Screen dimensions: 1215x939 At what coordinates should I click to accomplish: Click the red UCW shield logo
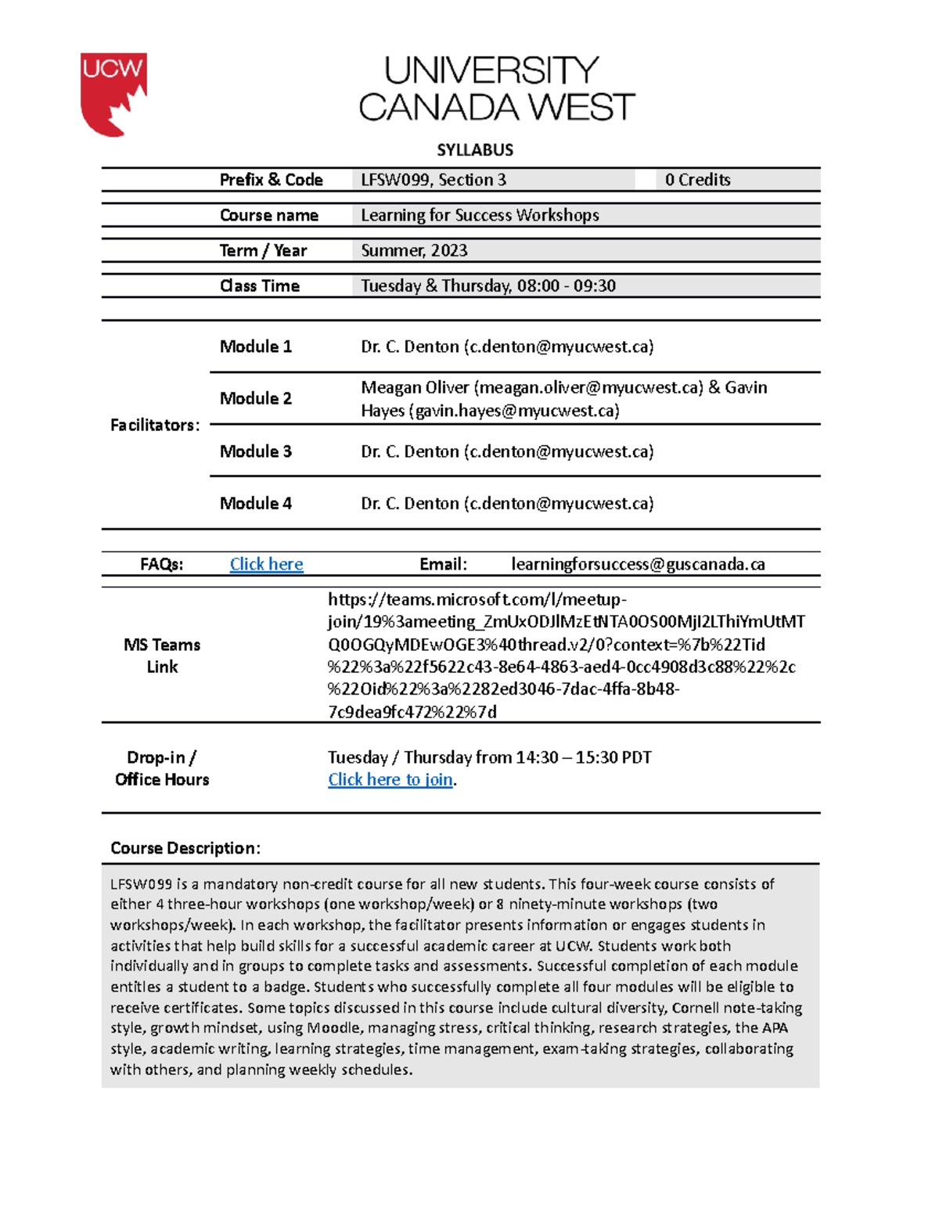(113, 94)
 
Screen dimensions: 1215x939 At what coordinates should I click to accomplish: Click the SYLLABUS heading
(475, 149)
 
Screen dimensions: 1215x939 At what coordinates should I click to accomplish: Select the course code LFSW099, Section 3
(434, 180)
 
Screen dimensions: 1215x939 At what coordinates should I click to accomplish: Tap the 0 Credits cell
(697, 180)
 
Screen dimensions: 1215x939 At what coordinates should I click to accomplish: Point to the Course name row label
(268, 215)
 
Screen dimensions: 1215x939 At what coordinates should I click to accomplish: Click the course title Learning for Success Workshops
(480, 215)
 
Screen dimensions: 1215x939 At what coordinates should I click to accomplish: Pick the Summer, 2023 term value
(414, 250)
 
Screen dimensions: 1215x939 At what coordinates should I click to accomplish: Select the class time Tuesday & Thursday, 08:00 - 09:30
(488, 286)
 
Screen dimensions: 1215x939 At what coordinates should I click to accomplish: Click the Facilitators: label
(155, 425)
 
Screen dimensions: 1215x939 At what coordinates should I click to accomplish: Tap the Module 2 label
(255, 398)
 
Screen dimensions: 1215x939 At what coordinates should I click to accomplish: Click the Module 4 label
(255, 503)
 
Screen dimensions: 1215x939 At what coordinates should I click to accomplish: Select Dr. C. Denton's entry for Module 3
(507, 451)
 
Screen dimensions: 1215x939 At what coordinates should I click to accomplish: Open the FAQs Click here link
(266, 564)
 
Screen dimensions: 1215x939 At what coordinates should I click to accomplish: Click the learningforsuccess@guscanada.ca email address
(638, 564)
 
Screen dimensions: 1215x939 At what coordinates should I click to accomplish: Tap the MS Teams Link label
(162, 656)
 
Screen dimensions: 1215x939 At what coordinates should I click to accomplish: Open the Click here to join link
(390, 779)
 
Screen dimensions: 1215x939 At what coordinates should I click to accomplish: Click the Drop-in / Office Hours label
(162, 768)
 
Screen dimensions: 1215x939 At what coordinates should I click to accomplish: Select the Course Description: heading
(185, 848)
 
